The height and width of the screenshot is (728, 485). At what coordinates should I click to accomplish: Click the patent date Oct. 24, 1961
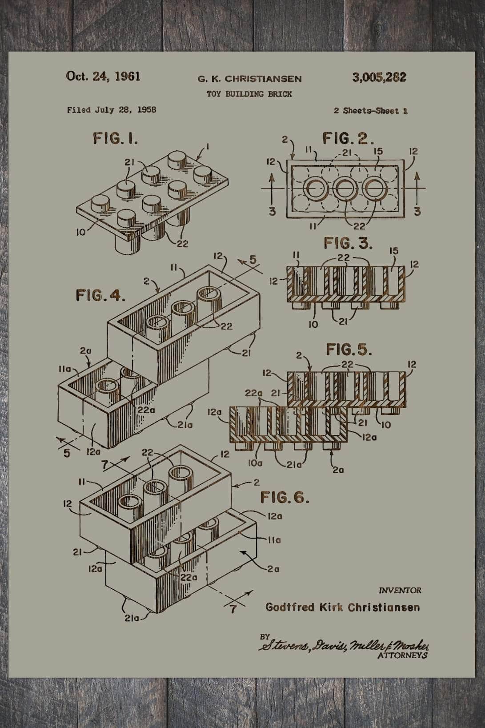[103, 76]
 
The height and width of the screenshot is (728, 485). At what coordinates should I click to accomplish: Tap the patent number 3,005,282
[379, 77]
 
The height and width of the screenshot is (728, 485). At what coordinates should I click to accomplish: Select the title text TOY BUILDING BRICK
[249, 94]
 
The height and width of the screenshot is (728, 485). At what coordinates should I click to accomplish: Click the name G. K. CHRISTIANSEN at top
[249, 79]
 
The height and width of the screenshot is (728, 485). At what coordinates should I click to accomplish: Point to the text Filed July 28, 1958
[112, 110]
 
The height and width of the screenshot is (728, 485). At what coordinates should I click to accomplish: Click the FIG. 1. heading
[115, 138]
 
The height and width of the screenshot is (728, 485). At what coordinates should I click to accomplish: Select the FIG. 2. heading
[348, 139]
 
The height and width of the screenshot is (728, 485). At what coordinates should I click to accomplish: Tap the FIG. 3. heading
[348, 243]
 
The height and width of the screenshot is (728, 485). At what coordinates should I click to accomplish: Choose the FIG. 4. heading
[100, 295]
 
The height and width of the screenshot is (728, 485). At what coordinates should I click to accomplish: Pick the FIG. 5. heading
[349, 350]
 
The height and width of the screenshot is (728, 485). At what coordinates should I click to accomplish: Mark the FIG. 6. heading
[285, 497]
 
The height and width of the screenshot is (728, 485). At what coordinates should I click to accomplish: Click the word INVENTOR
[400, 591]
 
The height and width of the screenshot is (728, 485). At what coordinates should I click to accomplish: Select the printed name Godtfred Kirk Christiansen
[342, 607]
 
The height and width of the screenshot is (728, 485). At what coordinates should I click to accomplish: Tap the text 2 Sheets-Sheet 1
[371, 111]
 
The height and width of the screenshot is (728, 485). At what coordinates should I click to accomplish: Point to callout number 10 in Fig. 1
[81, 232]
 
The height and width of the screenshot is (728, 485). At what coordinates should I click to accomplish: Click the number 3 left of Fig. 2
[272, 211]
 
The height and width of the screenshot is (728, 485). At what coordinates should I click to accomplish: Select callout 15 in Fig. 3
[394, 251]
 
